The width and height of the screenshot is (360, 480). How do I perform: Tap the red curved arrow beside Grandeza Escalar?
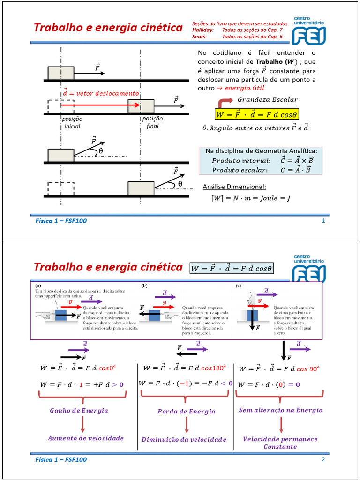click(x=225, y=102)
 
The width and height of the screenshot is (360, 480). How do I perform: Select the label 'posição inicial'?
click(x=72, y=123)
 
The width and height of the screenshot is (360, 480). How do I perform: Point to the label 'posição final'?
click(x=152, y=122)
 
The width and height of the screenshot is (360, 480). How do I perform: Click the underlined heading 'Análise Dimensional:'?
click(x=234, y=187)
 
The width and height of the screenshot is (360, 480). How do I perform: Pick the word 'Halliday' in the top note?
click(x=202, y=30)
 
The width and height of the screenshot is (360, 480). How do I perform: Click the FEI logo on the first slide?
click(x=309, y=31)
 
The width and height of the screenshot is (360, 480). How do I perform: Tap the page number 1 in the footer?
click(x=323, y=221)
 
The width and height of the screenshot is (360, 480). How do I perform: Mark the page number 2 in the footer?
click(x=323, y=459)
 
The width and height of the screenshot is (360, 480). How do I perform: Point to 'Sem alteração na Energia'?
click(x=281, y=410)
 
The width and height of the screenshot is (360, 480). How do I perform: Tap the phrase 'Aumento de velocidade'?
click(x=86, y=438)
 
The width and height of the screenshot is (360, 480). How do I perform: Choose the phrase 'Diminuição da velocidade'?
click(x=184, y=440)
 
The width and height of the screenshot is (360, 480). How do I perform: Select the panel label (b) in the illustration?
click(x=144, y=285)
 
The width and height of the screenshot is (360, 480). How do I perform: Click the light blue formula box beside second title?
click(x=232, y=269)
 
